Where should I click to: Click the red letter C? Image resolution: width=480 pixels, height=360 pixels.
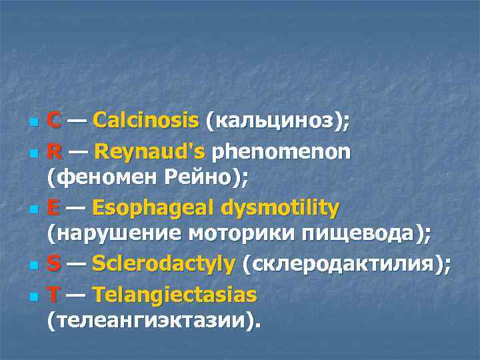(55, 121)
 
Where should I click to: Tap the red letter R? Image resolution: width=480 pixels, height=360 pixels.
(55, 151)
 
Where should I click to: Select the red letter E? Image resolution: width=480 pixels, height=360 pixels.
(55, 208)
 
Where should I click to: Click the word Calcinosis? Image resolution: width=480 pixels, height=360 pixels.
(146, 121)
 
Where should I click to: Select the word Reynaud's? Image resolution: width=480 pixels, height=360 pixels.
(150, 151)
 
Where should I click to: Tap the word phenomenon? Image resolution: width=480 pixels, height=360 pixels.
(281, 151)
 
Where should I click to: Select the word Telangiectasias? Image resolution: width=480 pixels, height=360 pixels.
(175, 294)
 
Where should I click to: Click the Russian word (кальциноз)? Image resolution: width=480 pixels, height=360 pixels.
(277, 121)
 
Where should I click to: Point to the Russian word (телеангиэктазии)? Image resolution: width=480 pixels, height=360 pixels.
(153, 321)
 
